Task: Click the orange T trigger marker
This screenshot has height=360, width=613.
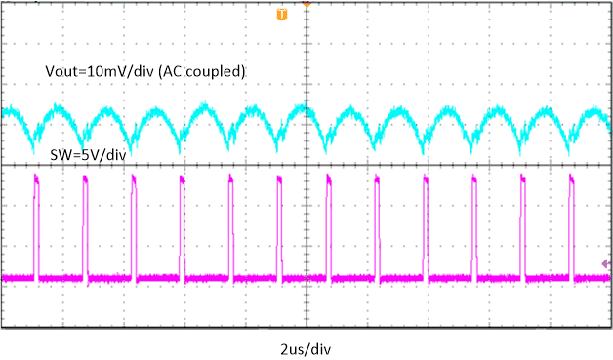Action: [x=283, y=15]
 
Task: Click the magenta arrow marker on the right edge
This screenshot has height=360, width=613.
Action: [x=606, y=263]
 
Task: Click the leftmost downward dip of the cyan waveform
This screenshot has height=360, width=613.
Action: [x=35, y=148]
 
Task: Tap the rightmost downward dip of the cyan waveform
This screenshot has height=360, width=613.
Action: [x=572, y=148]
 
